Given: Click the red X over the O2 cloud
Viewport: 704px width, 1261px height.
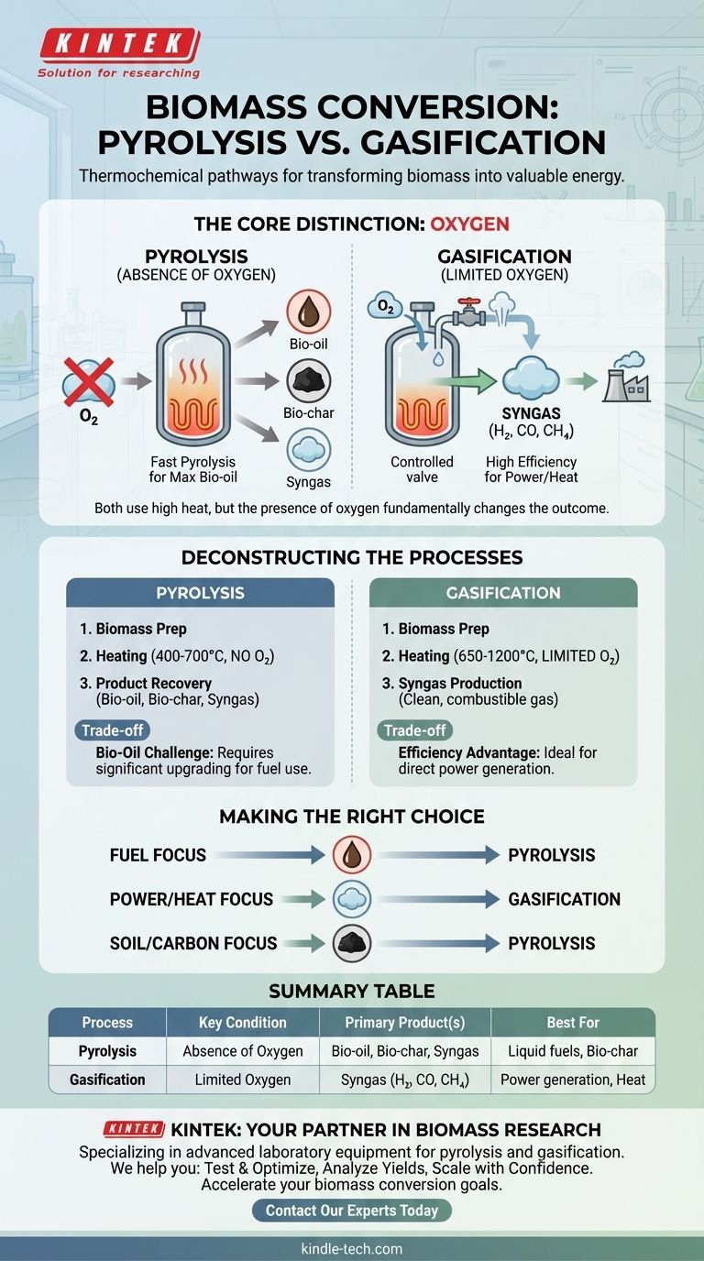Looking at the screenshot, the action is pyautogui.click(x=89, y=382).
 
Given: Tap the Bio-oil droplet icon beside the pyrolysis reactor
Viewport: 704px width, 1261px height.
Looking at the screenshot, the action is pyautogui.click(x=308, y=312).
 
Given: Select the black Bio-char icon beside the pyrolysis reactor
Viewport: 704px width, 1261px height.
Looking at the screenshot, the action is pyautogui.click(x=308, y=381).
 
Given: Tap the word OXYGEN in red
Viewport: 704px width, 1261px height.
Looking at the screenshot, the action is pyautogui.click(x=469, y=224).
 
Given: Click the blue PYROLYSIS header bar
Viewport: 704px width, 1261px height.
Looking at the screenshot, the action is pyautogui.click(x=201, y=593).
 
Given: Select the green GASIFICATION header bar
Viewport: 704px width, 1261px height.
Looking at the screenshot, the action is pyautogui.click(x=503, y=593).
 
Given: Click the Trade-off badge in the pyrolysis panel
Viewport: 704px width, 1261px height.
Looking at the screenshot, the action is pyautogui.click(x=112, y=730).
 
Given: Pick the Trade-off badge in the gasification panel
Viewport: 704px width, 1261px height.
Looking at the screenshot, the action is pyautogui.click(x=414, y=730).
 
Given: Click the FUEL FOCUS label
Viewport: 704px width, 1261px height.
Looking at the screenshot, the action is pyautogui.click(x=158, y=855).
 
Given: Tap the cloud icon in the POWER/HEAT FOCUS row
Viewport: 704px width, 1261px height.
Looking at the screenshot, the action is pyautogui.click(x=352, y=899).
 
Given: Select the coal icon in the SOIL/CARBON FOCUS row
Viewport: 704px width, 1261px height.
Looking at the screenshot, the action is pyautogui.click(x=352, y=943).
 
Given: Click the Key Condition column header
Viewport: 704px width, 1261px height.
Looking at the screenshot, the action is pyautogui.click(x=243, y=1023).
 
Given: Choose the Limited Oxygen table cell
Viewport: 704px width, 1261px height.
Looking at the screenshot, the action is pyautogui.click(x=243, y=1080).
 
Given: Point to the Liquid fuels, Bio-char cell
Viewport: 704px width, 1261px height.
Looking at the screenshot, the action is pyautogui.click(x=573, y=1051).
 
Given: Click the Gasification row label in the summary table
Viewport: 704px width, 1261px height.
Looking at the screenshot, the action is pyautogui.click(x=107, y=1080).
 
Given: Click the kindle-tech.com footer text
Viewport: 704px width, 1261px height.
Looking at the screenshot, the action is pyautogui.click(x=352, y=1248).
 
